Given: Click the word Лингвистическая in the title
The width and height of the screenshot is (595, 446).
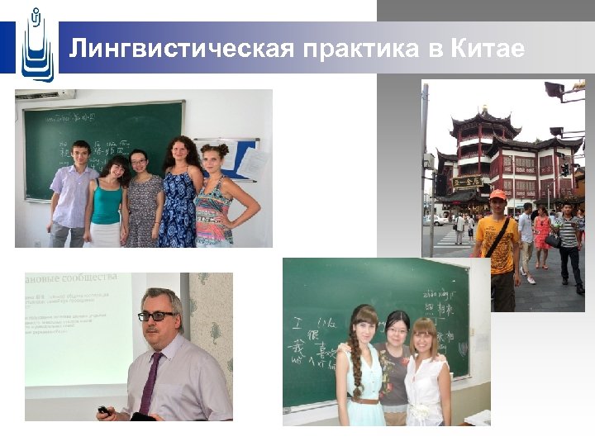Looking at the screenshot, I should pos(181,50).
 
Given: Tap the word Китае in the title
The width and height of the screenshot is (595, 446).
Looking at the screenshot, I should pos(488,50).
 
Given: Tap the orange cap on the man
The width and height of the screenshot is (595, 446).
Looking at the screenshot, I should pos(497,195).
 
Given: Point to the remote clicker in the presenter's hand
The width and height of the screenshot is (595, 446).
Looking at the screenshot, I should pos(102,410).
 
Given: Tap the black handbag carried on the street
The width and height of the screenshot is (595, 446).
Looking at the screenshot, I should pos(552,240).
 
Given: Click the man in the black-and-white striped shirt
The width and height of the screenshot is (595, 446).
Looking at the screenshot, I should pos(569,240).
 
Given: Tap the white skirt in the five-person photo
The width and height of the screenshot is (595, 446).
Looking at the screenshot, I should pos(106,235).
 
